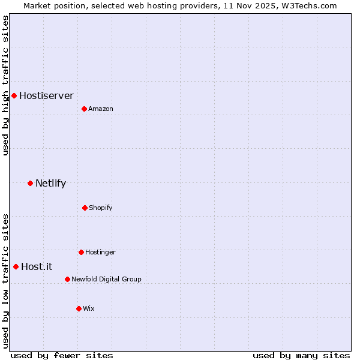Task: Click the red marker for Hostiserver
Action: (14, 95)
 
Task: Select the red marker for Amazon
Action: (84, 109)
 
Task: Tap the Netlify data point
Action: (30, 183)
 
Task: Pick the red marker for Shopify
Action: (85, 208)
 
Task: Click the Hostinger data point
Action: (81, 252)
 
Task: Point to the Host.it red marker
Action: (16, 266)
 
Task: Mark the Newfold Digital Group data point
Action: (67, 279)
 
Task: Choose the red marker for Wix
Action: (79, 308)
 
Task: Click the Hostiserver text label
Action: (46, 95)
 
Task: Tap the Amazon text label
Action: (101, 109)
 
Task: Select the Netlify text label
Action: (50, 183)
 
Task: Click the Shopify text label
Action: (101, 208)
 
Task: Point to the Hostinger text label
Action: (100, 252)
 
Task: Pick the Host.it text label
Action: (37, 266)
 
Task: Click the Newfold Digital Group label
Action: (106, 279)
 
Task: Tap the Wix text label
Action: (89, 308)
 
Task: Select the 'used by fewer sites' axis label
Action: (61, 355)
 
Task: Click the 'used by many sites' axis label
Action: (301, 355)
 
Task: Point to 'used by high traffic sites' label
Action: (5, 85)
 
